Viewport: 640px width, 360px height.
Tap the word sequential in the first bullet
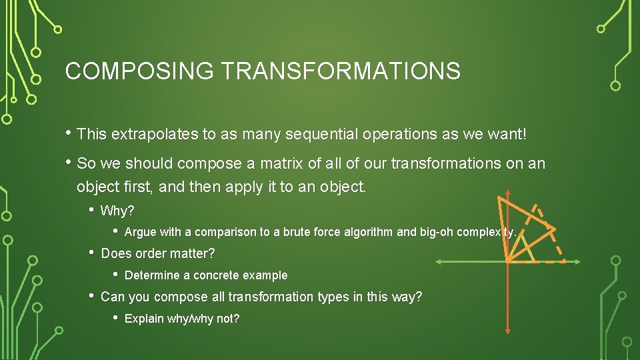[322, 135]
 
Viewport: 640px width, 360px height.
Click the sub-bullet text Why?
[117, 211]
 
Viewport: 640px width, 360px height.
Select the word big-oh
[439, 233]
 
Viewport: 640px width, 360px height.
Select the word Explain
[144, 319]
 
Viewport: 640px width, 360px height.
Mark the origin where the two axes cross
[507, 259]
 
